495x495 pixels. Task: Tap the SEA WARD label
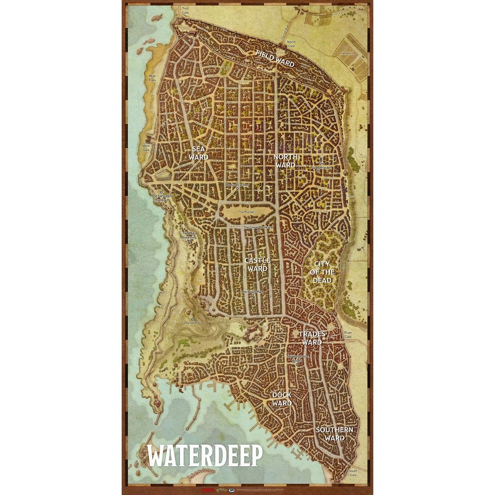click(x=198, y=153)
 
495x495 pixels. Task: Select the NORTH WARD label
click(x=285, y=161)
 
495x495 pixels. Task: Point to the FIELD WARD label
click(x=275, y=59)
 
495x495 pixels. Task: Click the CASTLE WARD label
click(x=257, y=264)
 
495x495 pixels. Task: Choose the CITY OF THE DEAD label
click(x=324, y=272)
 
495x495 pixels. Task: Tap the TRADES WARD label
click(x=312, y=337)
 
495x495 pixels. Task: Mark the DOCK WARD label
click(x=282, y=399)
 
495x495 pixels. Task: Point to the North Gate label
click(x=291, y=44)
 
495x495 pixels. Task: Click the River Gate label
click(x=349, y=335)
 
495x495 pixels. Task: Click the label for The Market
click(x=247, y=212)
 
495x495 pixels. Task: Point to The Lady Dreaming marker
click(x=190, y=241)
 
